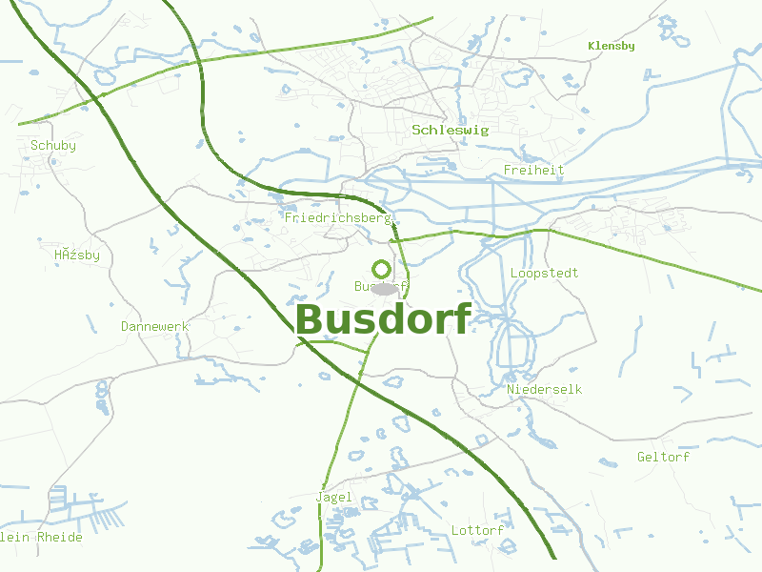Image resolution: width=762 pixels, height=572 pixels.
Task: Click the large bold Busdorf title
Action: click(383, 319)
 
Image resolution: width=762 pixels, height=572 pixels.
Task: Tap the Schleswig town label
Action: click(450, 130)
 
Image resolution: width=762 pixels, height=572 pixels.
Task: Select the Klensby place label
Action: click(612, 46)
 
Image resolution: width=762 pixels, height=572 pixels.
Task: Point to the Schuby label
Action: click(53, 146)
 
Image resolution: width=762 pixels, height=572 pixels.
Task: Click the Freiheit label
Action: click(533, 171)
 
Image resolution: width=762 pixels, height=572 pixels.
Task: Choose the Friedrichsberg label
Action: click(338, 218)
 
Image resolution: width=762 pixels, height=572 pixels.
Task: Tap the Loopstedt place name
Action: click(545, 274)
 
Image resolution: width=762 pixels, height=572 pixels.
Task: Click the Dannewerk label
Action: click(154, 327)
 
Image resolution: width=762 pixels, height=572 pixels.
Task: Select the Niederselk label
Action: click(545, 390)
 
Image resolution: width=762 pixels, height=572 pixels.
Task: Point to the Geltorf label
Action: click(663, 458)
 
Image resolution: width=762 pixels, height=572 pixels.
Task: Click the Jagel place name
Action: click(333, 498)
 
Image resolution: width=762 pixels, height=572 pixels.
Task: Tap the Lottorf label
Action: click(477, 530)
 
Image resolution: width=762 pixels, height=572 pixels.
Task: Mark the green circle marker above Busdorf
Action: click(382, 269)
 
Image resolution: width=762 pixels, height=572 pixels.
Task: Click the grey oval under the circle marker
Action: click(383, 288)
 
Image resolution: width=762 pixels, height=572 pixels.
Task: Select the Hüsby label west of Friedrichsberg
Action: click(77, 255)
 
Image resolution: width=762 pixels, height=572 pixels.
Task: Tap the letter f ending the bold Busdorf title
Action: click(462, 318)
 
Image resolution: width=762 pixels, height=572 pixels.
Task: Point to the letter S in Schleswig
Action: click(416, 130)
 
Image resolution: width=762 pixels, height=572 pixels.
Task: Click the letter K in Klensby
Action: click(592, 46)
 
